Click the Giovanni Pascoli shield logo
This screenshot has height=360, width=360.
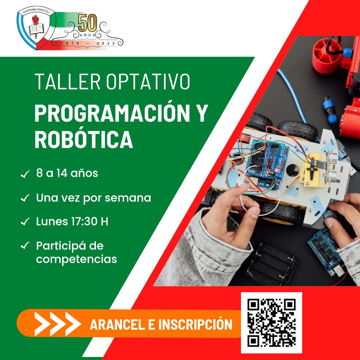pyautogui.click(x=36, y=28)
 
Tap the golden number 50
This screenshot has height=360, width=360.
pyautogui.click(x=87, y=23)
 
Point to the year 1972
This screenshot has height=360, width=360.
pyautogui.click(x=70, y=43)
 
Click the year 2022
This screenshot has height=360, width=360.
pyautogui.click(x=106, y=43)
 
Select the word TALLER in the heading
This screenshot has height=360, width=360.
pyautogui.click(x=67, y=82)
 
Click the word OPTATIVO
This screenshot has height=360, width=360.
pyautogui.click(x=148, y=82)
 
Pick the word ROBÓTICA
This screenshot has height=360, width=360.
pyautogui.click(x=84, y=139)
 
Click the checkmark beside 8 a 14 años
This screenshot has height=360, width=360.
pyautogui.click(x=25, y=174)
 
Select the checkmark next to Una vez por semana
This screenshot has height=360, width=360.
pyautogui.click(x=25, y=198)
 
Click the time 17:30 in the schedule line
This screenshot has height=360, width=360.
pyautogui.click(x=84, y=222)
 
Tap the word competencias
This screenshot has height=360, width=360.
pyautogui.click(x=76, y=259)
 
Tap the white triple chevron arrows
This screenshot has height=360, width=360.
pyautogui.click(x=58, y=324)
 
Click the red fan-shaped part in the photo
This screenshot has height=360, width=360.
pyautogui.click(x=327, y=55)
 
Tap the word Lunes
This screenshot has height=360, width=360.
pyautogui.click(x=52, y=222)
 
